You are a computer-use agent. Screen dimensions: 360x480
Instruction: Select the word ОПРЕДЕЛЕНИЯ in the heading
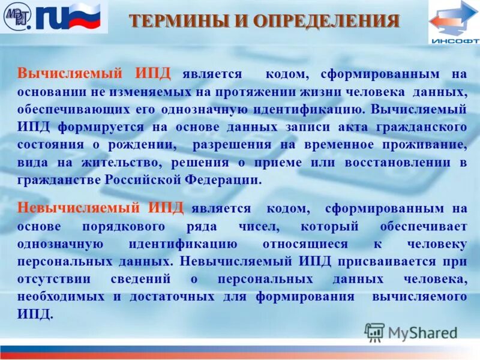point(326,22)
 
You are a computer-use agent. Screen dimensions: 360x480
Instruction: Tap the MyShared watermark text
point(422,332)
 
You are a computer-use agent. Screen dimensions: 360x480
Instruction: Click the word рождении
point(151,145)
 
